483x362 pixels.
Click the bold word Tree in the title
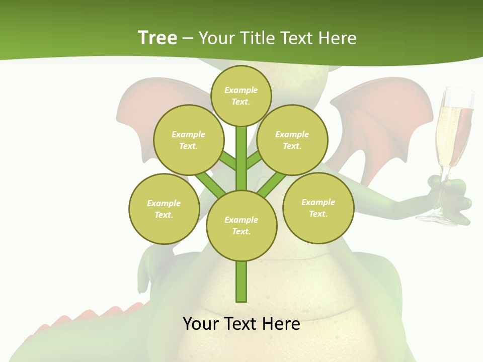(x=157, y=38)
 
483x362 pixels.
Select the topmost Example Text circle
(x=241, y=96)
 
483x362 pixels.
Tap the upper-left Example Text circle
(x=188, y=140)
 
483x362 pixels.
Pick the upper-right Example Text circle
(x=292, y=140)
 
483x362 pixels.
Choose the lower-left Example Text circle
(x=164, y=209)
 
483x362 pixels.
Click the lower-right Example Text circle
(x=318, y=208)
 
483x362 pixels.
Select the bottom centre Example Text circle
(x=242, y=225)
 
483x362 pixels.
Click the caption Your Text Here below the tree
(x=242, y=323)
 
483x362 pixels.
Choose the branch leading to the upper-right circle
(x=254, y=160)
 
